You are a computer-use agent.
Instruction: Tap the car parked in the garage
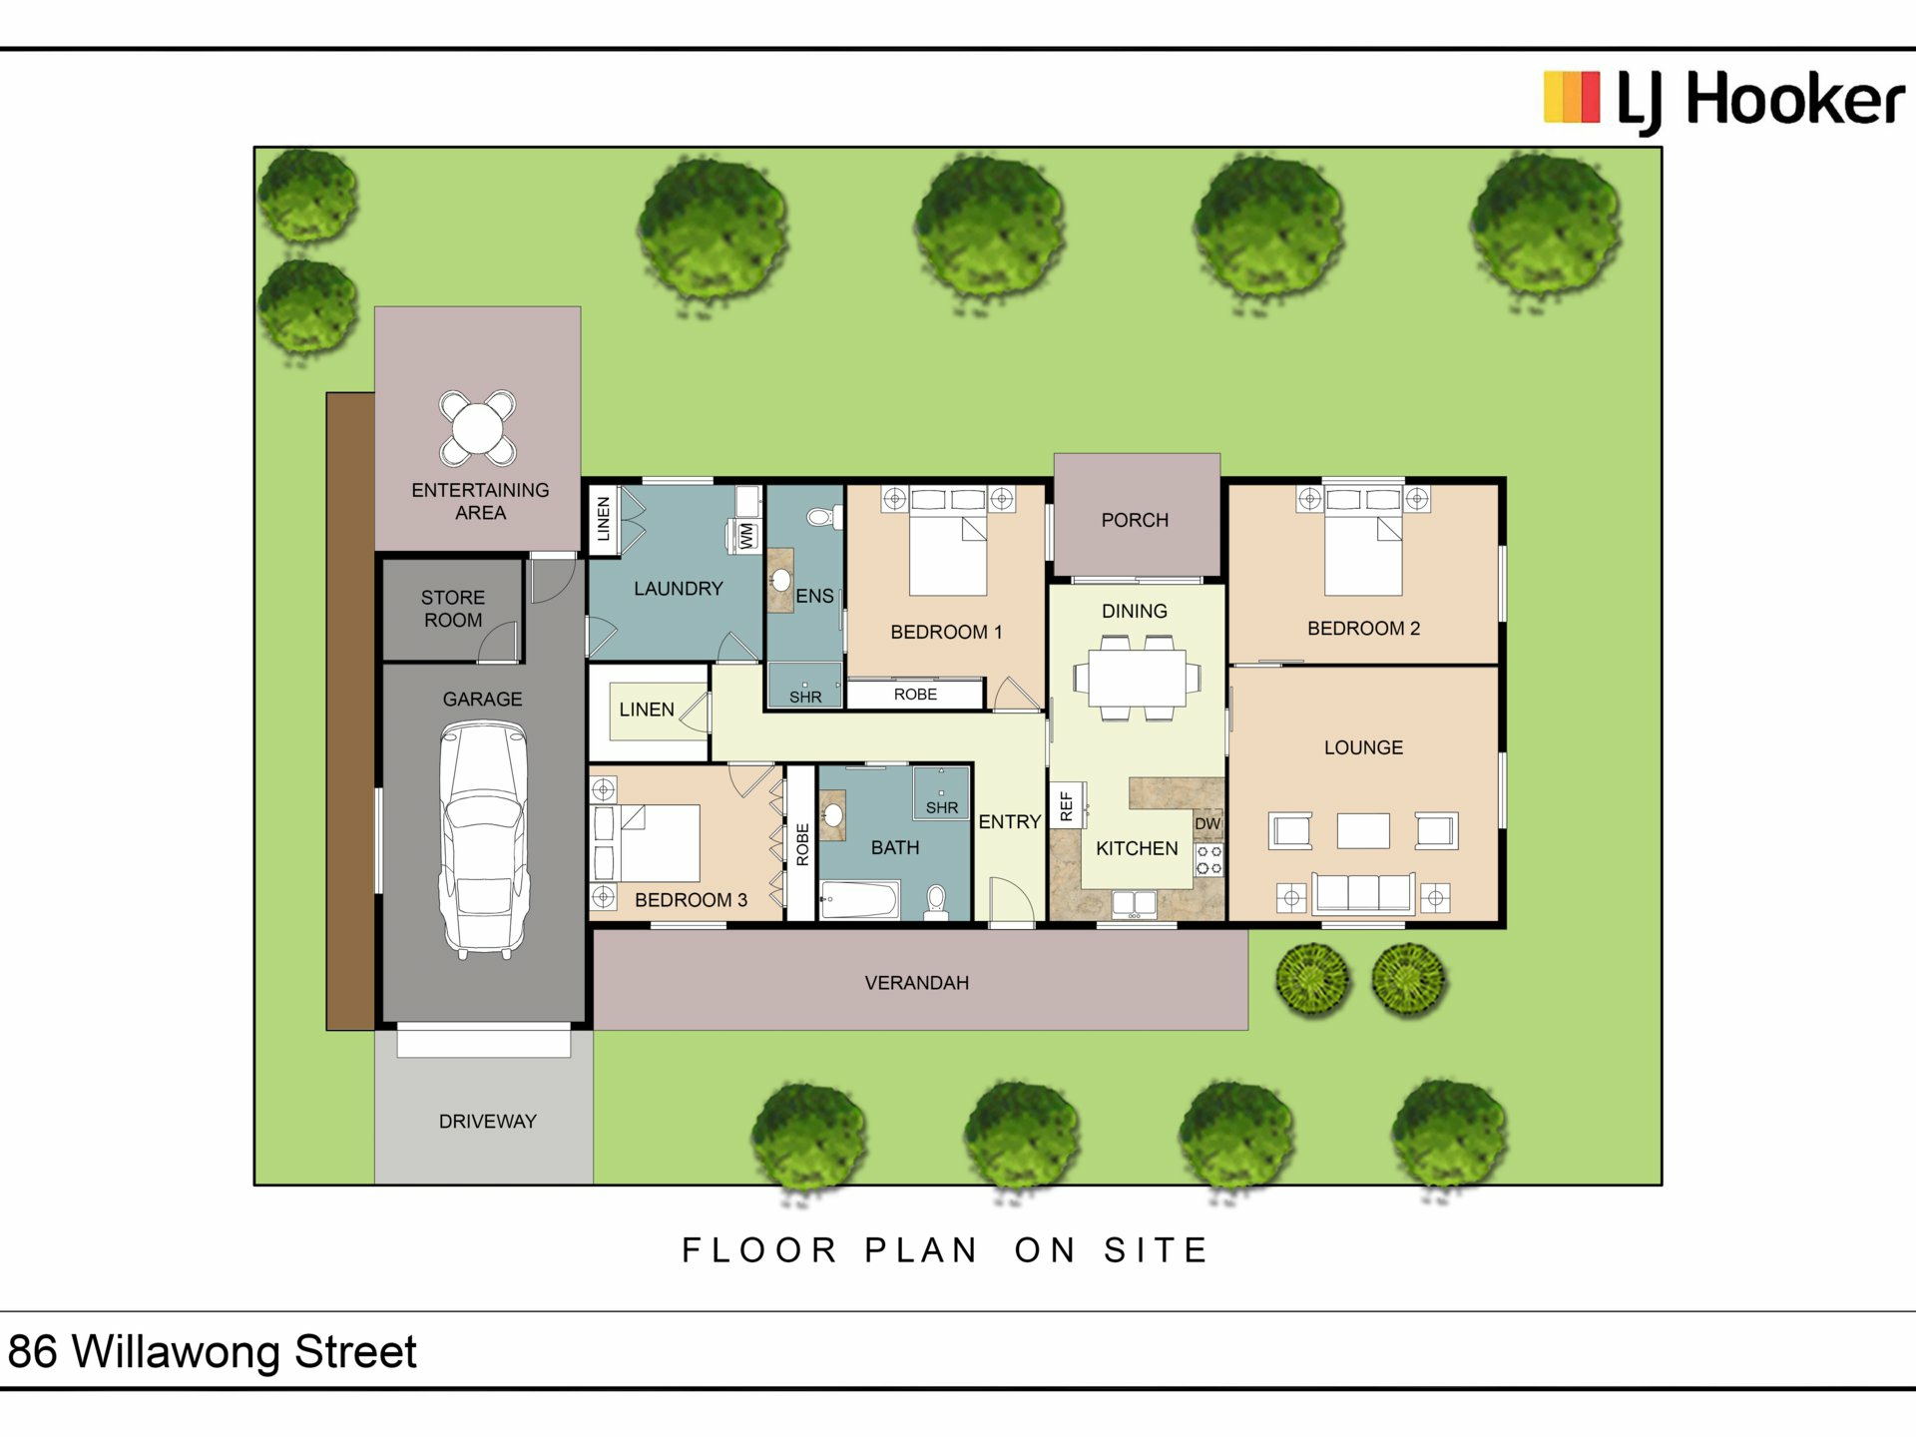tap(483, 840)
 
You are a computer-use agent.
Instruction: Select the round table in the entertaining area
tap(478, 428)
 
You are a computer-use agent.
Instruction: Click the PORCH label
tap(1135, 520)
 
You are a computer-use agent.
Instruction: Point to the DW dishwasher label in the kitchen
tap(1207, 823)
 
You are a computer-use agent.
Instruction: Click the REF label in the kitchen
tap(1066, 806)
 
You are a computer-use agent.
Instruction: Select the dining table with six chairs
tap(1137, 679)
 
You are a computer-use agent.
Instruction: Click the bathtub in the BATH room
tap(859, 900)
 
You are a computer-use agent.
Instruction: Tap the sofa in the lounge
tap(1363, 892)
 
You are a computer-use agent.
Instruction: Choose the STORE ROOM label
tap(453, 609)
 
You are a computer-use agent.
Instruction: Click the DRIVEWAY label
tap(488, 1122)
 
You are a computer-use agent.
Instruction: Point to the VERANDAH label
tap(917, 983)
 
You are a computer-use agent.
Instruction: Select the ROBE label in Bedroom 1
tap(915, 695)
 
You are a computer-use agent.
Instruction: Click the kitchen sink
tap(1135, 903)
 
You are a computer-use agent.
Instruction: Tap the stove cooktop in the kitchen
tap(1209, 860)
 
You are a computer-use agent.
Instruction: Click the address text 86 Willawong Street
tap(212, 1352)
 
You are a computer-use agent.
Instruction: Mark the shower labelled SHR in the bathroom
tap(941, 792)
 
